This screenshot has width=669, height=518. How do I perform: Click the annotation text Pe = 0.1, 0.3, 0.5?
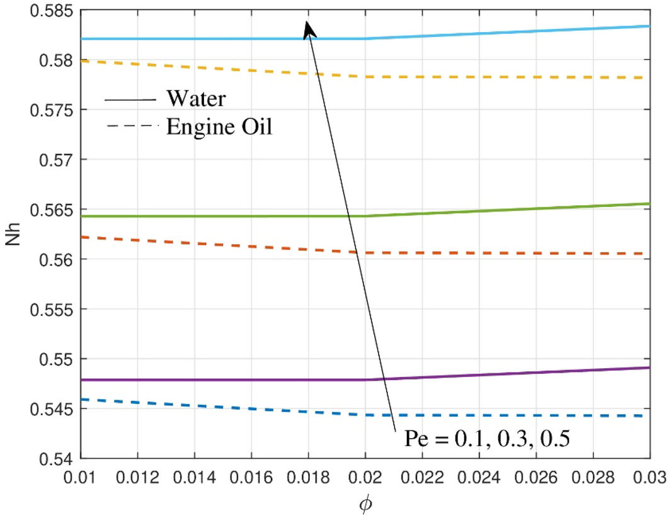[x=487, y=437]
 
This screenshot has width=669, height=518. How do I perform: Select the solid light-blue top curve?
[x=189, y=38]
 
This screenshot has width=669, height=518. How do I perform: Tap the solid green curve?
[x=189, y=216]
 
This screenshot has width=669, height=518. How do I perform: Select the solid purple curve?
[x=189, y=380]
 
